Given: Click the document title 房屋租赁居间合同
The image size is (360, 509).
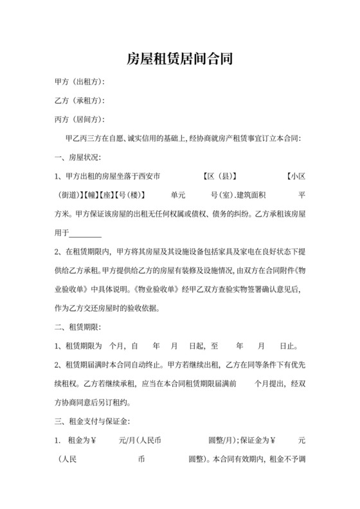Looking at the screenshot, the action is [179, 60].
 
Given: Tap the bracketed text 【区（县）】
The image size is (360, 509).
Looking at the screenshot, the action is [219, 175].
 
